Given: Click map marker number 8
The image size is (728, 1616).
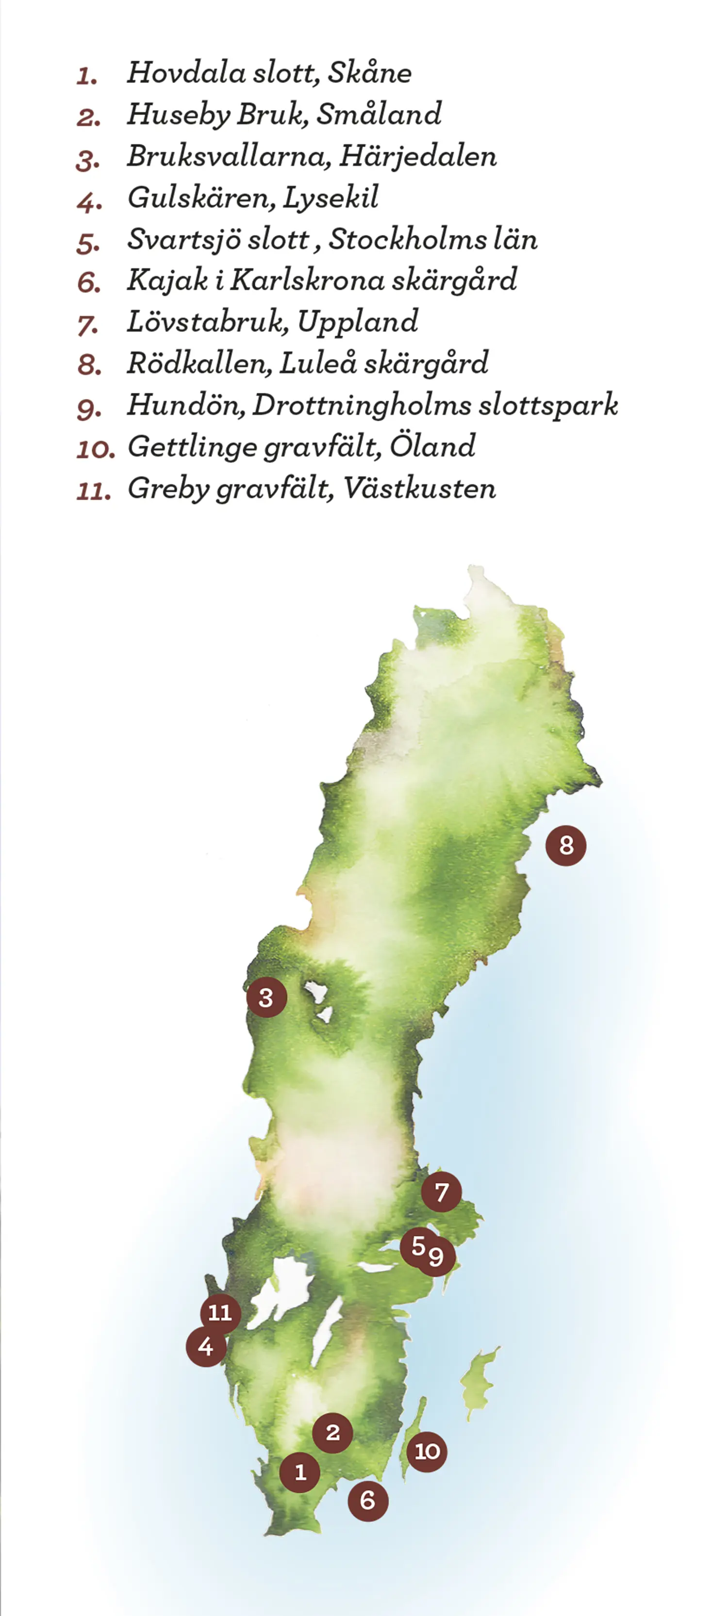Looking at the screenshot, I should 565,846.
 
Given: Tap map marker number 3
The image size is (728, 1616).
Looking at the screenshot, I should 266,997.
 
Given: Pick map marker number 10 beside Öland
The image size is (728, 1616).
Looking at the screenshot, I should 427,1451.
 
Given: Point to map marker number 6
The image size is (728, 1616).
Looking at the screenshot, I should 368,1501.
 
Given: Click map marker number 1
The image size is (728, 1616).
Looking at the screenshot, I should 299,1472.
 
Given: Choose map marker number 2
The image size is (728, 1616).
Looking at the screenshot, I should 332,1432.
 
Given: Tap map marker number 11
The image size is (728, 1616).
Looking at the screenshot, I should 220,1312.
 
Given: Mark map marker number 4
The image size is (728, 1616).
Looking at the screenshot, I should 206,1346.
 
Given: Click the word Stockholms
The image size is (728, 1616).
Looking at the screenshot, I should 407,239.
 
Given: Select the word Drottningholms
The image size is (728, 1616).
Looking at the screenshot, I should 361,405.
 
